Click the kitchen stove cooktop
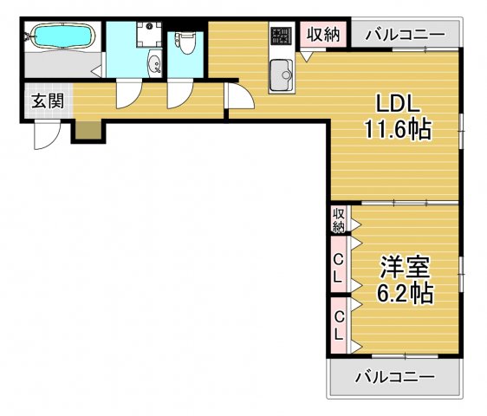tap(281, 36)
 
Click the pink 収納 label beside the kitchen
tap(324, 36)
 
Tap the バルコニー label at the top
tap(404, 36)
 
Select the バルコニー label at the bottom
tap(395, 377)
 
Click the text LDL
tap(397, 102)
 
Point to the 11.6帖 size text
tap(397, 130)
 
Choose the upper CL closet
tap(338, 270)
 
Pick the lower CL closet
tap(338, 325)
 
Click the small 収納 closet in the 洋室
tap(338, 219)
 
